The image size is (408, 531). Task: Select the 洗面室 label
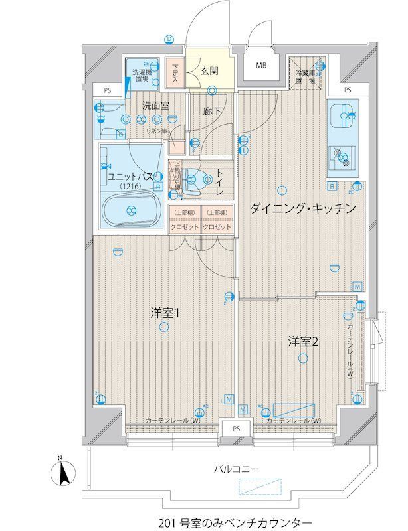point(156,105)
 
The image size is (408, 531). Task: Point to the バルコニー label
point(236,469)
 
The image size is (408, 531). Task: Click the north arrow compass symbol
point(61,473)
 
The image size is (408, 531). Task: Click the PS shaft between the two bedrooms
point(236,429)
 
